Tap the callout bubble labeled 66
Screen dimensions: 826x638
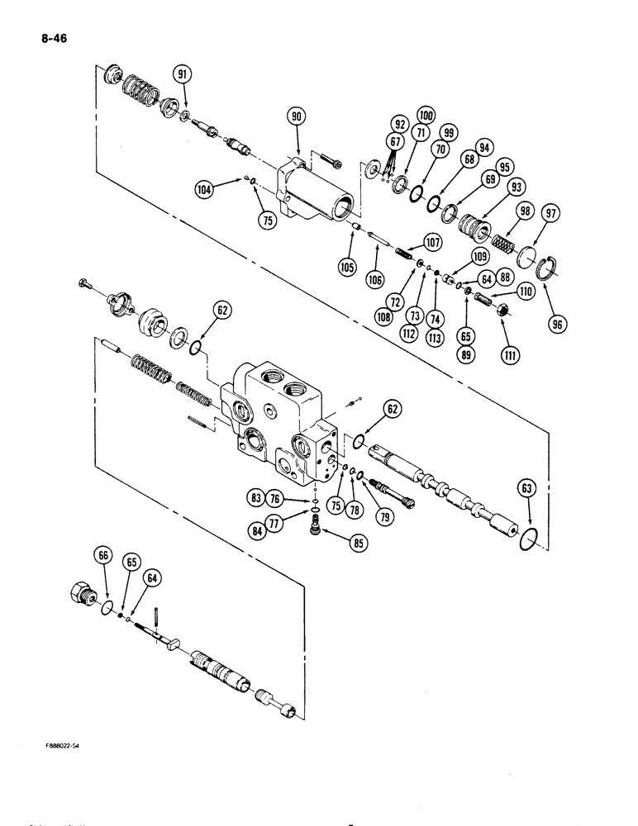(x=103, y=558)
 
